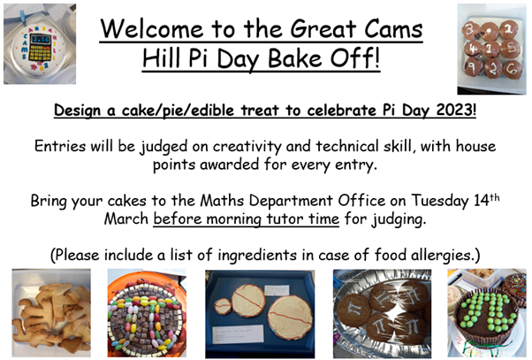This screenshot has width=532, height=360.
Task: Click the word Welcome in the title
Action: tap(152, 28)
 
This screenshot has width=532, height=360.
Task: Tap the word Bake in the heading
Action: tap(294, 58)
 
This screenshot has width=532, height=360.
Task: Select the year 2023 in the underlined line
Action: tap(455, 110)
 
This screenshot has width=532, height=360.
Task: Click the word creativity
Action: tap(247, 147)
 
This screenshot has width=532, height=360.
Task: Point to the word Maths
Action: tap(222, 201)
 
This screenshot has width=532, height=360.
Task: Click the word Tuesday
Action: tap(440, 201)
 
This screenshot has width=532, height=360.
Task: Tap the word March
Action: tap(126, 218)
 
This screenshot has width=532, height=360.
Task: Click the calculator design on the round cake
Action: tap(41, 48)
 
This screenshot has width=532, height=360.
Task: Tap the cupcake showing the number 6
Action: tap(513, 69)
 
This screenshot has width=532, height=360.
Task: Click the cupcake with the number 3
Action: tap(471, 30)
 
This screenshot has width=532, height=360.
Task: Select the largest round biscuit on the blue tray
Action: tap(290, 318)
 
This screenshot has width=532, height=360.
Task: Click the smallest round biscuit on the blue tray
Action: tap(223, 306)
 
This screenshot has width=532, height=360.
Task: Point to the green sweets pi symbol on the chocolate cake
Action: tap(486, 312)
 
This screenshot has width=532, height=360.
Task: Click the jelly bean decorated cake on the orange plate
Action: tap(147, 318)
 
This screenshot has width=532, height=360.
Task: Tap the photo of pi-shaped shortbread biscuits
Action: tap(51, 313)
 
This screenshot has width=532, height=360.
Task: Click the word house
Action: tap(476, 146)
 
